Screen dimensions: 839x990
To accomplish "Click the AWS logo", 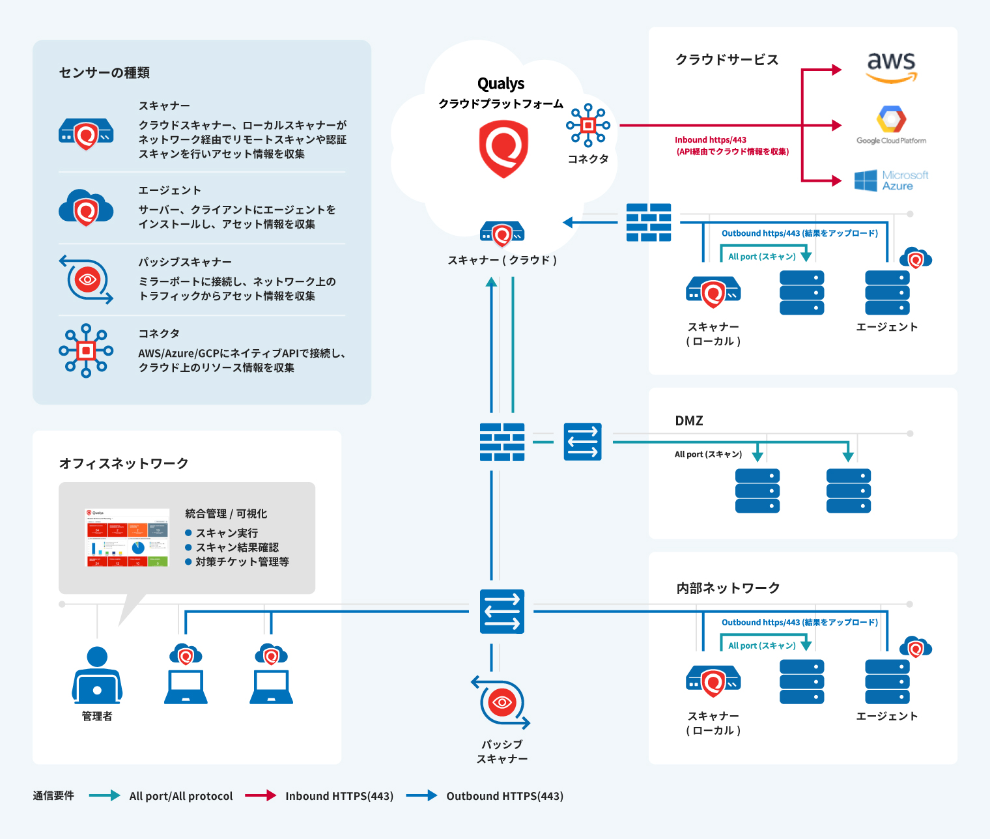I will (x=891, y=68).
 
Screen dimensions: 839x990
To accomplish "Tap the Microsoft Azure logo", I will (x=891, y=180).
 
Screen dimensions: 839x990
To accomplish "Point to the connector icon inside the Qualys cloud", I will (x=588, y=125).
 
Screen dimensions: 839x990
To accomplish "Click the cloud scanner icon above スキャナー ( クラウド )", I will (x=502, y=234).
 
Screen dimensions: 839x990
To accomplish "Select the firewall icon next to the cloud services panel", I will (x=649, y=223).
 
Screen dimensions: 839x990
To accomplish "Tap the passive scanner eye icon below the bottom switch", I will (x=501, y=702).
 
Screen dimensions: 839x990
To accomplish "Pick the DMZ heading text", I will (x=689, y=421).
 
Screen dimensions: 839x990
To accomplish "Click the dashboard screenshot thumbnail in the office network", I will (x=127, y=537).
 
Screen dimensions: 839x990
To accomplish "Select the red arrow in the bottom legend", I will (x=261, y=795).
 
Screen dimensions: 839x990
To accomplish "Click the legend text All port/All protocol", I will (x=181, y=796).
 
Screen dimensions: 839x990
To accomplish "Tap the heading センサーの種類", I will (x=104, y=72).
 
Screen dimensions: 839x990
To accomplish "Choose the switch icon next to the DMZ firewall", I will (x=582, y=442).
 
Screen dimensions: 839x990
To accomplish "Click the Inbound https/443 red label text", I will (x=711, y=140).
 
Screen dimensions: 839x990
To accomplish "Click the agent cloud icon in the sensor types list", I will (x=86, y=208).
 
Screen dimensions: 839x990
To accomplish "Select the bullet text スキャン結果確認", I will (x=237, y=547).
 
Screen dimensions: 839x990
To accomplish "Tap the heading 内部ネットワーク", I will (x=728, y=588).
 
